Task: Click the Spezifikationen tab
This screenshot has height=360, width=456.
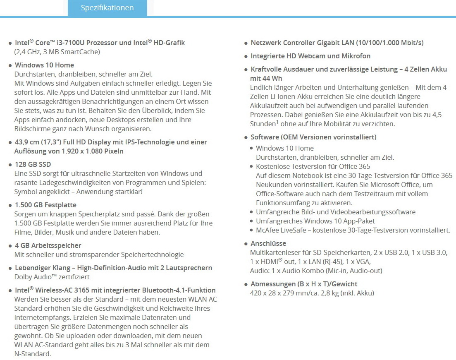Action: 107,8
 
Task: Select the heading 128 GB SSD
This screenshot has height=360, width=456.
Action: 33,164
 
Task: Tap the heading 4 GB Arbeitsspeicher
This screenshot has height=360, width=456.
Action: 48,245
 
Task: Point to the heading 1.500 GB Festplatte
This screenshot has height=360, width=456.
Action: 45,205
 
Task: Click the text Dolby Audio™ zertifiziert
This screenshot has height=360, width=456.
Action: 52,277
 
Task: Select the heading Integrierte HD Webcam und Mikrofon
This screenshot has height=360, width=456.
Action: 310,56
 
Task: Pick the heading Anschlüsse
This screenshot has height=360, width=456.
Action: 268,243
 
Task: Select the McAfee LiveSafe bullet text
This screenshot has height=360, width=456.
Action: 353,230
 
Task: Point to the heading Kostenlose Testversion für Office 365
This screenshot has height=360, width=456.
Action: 313,166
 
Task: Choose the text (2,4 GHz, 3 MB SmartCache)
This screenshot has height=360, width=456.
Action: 57,52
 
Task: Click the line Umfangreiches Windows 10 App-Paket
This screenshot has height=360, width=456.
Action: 315,221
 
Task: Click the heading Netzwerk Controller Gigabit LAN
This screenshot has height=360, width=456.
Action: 304,43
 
